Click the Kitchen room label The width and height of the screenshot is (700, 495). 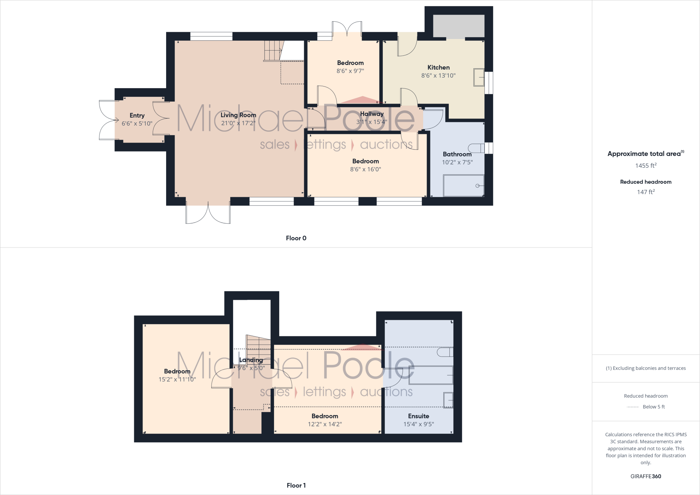click(438, 67)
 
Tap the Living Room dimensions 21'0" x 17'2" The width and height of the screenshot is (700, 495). click(238, 123)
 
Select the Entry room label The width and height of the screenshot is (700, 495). click(137, 116)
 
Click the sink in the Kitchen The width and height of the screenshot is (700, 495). click(479, 77)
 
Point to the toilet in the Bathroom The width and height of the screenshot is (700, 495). click(476, 148)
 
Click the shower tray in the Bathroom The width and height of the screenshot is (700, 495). click(463, 186)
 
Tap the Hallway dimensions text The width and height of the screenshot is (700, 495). click(372, 122)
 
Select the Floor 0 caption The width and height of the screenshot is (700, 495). click(296, 238)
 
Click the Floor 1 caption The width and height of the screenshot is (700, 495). click(296, 485)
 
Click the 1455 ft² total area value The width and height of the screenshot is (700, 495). click(646, 166)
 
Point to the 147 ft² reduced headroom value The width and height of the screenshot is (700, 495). click(646, 192)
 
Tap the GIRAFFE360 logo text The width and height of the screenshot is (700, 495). click(646, 476)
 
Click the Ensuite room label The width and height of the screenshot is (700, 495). click(418, 416)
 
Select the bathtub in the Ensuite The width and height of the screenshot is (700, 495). click(431, 375)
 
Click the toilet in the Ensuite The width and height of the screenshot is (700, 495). click(445, 352)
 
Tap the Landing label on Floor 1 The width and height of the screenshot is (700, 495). click(251, 360)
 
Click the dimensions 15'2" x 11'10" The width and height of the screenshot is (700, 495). click(177, 379)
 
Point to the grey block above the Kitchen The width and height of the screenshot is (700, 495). click(459, 26)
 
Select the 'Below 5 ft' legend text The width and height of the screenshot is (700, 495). click(654, 407)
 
